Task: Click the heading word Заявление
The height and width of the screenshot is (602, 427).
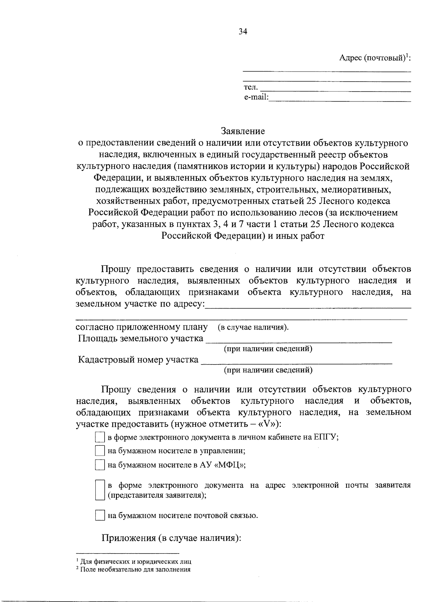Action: tap(243, 131)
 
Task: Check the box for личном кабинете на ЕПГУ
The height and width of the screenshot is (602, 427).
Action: tap(100, 437)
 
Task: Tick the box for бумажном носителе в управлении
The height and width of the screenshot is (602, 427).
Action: tap(100, 451)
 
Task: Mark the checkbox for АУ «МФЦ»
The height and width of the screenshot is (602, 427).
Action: tap(100, 465)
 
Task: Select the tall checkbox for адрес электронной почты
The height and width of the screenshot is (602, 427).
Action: tap(100, 490)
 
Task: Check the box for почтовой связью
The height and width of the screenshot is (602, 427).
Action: tap(100, 515)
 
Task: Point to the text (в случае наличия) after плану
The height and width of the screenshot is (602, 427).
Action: tap(253, 328)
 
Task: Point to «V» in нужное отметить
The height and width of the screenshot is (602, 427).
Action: tap(267, 424)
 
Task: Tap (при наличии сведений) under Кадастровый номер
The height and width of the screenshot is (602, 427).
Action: tap(268, 371)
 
